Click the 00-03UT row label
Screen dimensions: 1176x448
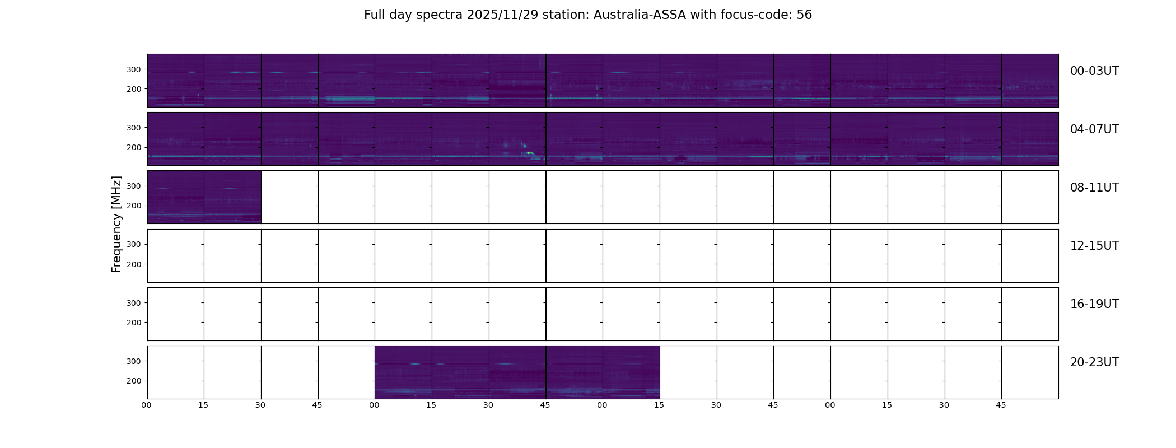click(x=1094, y=71)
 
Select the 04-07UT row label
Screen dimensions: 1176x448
click(x=1094, y=129)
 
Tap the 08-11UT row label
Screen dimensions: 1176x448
click(x=1094, y=188)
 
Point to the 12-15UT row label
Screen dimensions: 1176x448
click(x=1094, y=246)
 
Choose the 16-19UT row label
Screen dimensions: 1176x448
click(x=1094, y=304)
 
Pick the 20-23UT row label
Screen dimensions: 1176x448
click(x=1094, y=362)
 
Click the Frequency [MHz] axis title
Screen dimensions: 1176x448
click(x=116, y=224)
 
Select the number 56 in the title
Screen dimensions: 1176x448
click(x=804, y=15)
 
